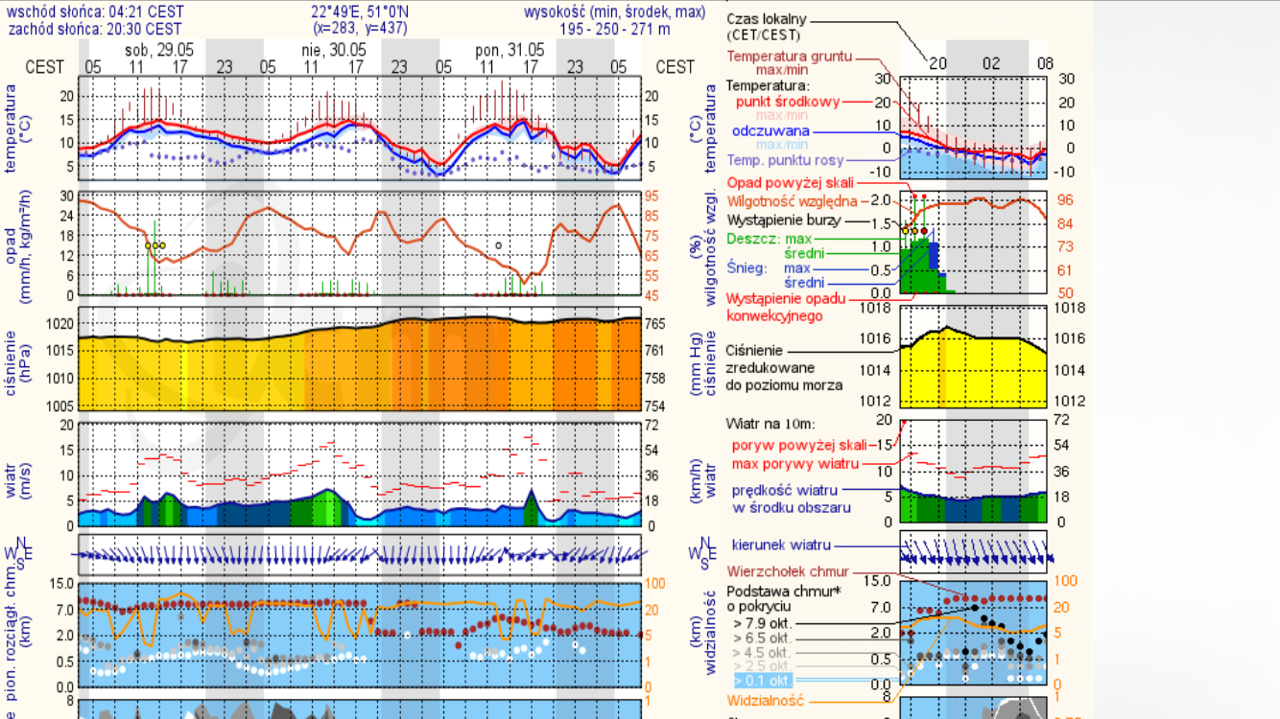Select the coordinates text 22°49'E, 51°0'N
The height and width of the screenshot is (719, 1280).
[359, 12]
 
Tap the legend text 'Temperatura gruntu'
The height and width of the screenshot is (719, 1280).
[789, 57]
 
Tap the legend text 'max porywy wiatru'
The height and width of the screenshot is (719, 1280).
[794, 465]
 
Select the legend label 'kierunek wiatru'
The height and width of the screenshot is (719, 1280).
[781, 545]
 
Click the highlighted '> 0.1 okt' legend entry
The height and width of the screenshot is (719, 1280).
[763, 681]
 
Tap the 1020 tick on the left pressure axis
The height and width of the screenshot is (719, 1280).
[59, 323]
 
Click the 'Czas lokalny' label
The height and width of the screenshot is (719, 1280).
[767, 19]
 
